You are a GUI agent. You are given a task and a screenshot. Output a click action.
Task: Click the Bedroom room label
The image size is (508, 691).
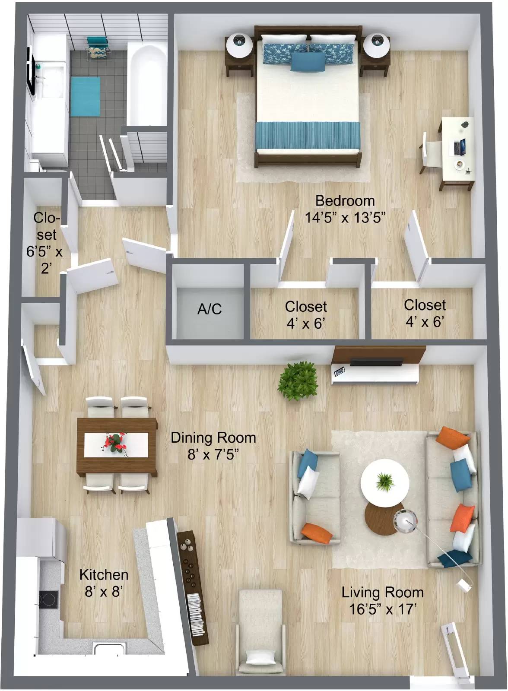pos(345,201)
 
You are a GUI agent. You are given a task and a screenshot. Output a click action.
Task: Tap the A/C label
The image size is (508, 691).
pos(210,309)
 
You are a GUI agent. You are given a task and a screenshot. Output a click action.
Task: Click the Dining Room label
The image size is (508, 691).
pos(213,438)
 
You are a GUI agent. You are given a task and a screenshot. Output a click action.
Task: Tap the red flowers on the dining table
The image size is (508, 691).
pos(116,443)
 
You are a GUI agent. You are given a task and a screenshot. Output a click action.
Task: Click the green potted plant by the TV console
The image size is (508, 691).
pos(298,381)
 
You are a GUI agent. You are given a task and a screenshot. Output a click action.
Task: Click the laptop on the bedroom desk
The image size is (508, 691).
pos(460,146)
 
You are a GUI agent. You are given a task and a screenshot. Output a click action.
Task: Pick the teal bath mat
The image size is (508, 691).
pos(85,97)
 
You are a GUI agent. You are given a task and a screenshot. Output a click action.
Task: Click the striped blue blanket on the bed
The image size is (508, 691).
pos(308,135)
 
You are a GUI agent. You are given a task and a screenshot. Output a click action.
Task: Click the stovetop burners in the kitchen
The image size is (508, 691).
pos(49,599)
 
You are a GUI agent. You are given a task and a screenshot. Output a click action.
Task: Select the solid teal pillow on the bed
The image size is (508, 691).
pos(308,62)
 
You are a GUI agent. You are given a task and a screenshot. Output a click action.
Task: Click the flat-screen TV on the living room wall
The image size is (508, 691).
pos(376,362)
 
